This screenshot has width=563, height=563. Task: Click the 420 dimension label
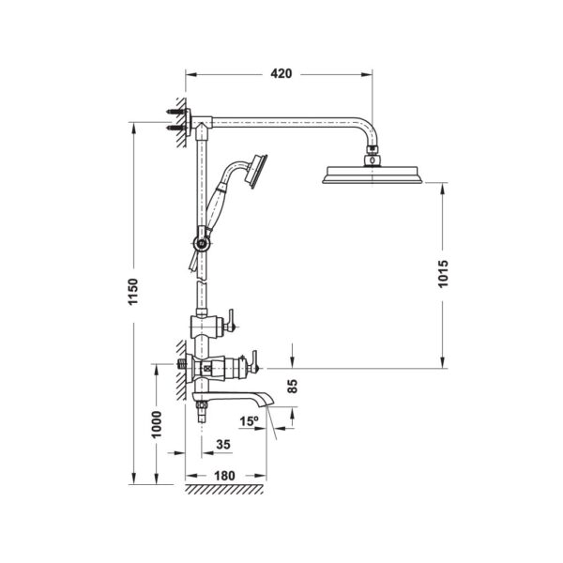click(281, 73)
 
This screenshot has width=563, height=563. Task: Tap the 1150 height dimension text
click(133, 292)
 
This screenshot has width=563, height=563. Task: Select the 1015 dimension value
click(444, 274)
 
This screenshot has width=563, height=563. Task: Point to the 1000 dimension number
click(157, 424)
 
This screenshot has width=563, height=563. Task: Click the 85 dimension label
click(293, 387)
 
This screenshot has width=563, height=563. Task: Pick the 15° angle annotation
click(250, 421)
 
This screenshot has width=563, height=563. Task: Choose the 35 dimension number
click(223, 445)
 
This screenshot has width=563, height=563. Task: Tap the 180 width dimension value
click(224, 476)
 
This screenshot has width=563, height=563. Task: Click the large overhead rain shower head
click(373, 175)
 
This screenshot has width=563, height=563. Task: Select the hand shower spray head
click(256, 172)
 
